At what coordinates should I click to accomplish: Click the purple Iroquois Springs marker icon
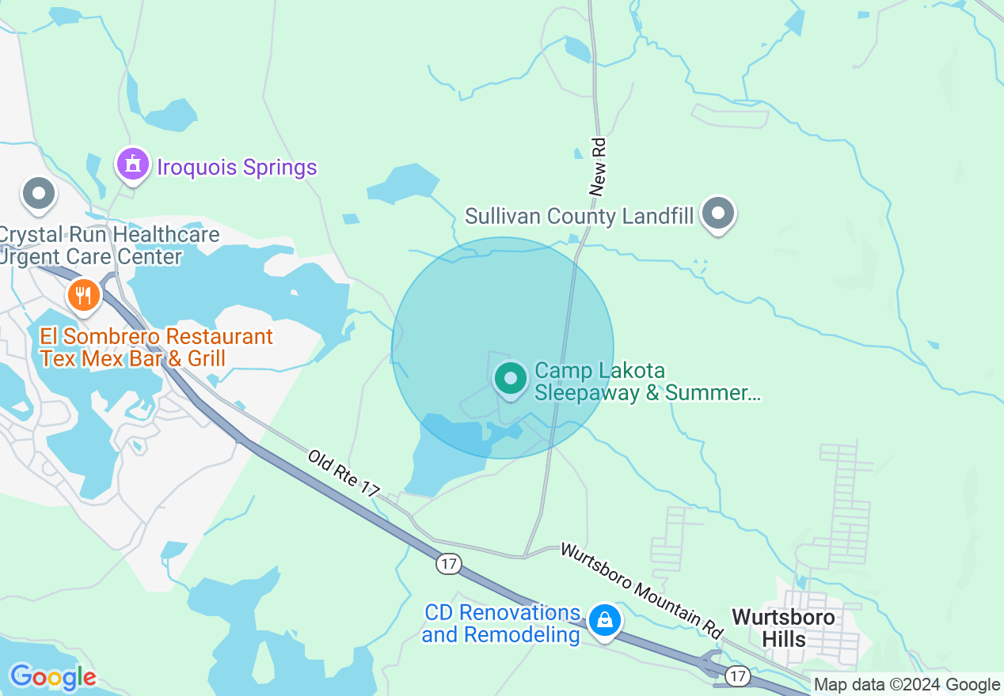tap(132, 165)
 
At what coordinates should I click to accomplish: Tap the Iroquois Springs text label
tap(237, 168)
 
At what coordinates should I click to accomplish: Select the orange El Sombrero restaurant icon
tap(83, 296)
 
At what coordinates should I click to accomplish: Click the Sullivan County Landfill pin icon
tap(719, 213)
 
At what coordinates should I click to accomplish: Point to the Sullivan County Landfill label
tap(579, 216)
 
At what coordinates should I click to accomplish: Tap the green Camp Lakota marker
tap(511, 379)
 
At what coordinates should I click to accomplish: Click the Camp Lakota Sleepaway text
tap(647, 381)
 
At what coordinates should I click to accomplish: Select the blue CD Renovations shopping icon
tap(605, 621)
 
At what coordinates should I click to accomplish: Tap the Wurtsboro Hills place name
tap(783, 627)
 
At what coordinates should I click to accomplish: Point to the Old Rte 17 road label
tap(344, 473)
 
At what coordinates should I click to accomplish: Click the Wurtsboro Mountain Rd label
tap(642, 588)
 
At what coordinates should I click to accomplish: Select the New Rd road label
tap(599, 166)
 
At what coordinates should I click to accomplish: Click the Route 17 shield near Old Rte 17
tap(448, 564)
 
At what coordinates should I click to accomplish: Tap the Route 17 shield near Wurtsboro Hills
tap(738, 675)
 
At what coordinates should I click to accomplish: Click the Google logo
tap(53, 677)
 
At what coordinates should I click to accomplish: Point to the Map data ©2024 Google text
tap(907, 685)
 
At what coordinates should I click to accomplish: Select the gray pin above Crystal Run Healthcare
tap(38, 194)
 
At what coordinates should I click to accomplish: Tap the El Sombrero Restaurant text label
tap(156, 347)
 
